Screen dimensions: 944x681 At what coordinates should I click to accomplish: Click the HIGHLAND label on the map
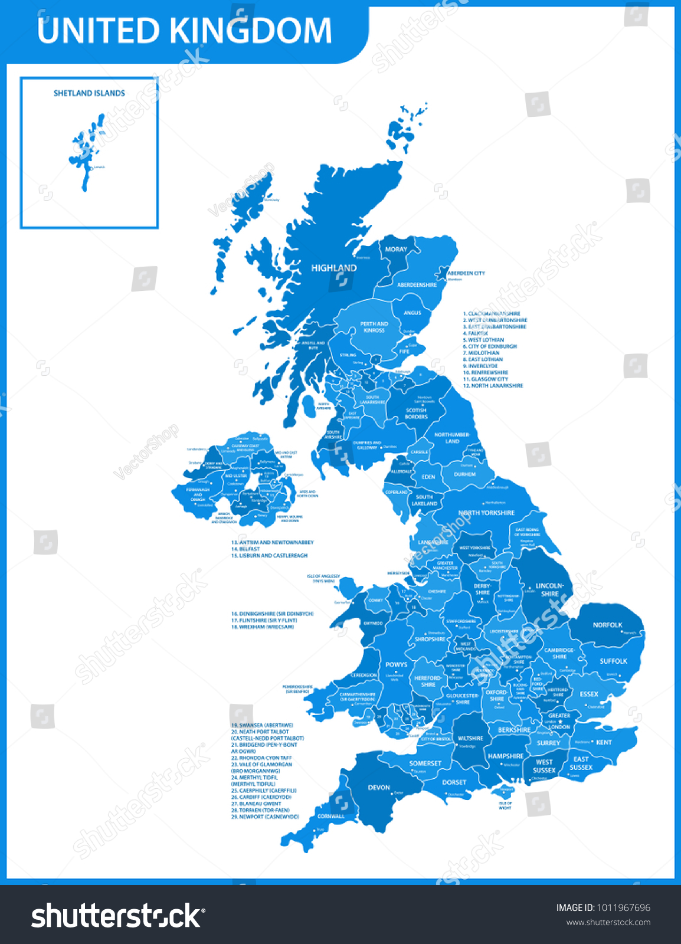point(334,268)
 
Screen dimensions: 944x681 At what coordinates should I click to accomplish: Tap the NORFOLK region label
point(607,625)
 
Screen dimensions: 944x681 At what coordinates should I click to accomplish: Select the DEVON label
point(379,787)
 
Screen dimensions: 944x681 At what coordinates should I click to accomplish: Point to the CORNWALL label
point(330,817)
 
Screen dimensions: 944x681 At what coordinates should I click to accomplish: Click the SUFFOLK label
point(613,661)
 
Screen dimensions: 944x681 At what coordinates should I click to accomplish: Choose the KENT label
point(604,742)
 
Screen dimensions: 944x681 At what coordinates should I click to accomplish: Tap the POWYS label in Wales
point(396,664)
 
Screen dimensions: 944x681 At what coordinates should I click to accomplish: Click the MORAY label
point(396,250)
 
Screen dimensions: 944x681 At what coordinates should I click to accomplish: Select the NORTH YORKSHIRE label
point(486,513)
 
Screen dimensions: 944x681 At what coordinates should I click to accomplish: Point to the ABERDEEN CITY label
point(466,273)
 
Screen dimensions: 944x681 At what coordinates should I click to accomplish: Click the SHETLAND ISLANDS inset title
point(89,93)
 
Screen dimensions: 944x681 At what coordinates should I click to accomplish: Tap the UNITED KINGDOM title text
point(184,31)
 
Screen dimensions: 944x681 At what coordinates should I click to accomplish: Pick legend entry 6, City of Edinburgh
point(489,346)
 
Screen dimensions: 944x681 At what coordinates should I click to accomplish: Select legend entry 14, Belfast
point(245,549)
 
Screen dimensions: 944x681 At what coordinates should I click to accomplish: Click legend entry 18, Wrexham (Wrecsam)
point(263,627)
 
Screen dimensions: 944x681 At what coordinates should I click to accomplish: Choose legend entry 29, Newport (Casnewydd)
point(265,817)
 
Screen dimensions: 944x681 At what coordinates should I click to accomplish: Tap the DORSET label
point(454,782)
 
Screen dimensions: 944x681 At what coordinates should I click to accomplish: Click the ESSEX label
point(588,694)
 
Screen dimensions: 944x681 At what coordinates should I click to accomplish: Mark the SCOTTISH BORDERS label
point(416,413)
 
